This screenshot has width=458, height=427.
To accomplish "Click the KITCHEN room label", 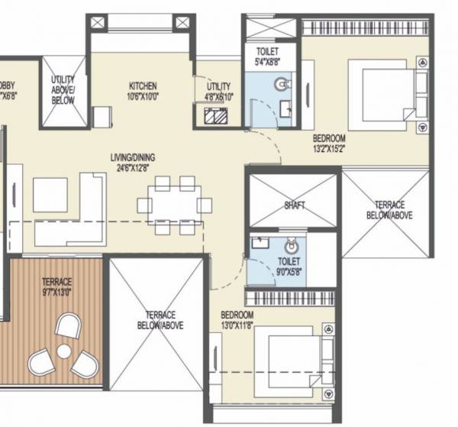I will (x=142, y=86).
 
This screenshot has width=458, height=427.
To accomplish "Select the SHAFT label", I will (x=294, y=205).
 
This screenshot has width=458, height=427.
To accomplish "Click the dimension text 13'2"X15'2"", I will (x=329, y=148).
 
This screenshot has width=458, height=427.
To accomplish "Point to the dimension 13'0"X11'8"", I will (x=237, y=325).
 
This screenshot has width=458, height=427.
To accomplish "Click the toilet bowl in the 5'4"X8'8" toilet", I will (x=283, y=82).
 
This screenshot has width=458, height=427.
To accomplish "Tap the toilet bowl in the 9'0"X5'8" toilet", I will (x=291, y=247).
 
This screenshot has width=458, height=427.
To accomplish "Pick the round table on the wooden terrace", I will (x=64, y=351).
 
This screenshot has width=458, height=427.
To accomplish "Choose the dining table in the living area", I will (x=173, y=205).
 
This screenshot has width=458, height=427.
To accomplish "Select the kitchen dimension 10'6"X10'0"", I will (x=142, y=95).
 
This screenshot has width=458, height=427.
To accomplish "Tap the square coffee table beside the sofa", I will (x=50, y=195).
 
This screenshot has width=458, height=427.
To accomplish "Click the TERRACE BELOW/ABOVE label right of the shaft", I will (x=385, y=210).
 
